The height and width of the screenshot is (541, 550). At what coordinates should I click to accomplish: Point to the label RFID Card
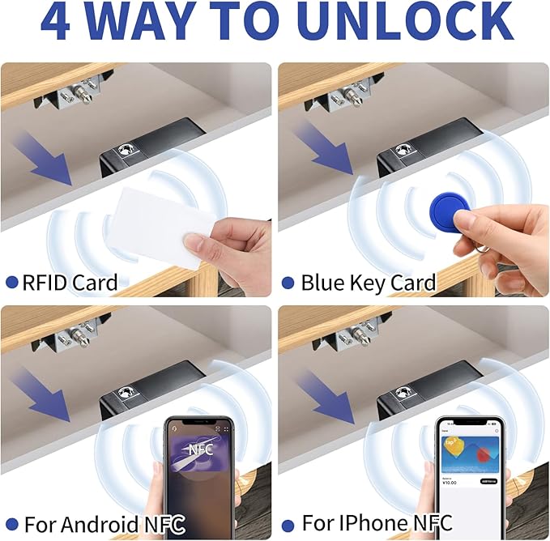[x=70, y=283]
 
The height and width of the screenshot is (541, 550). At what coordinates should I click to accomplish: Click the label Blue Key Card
[x=369, y=283]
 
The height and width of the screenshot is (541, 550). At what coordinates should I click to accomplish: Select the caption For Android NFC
[x=104, y=523]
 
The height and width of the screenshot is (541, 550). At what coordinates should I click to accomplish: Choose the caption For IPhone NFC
[x=377, y=522]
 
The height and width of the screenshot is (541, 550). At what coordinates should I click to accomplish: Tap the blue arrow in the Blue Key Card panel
[x=329, y=150]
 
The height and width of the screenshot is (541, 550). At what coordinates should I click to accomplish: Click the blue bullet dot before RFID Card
[x=11, y=283]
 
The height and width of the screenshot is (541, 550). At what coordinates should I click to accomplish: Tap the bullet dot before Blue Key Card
[x=288, y=283]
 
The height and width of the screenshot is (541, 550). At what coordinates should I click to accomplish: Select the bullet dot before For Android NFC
[x=11, y=523]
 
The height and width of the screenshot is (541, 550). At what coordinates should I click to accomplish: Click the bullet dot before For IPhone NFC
[x=288, y=523]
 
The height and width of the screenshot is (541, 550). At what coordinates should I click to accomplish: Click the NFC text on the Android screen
[x=199, y=448]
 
